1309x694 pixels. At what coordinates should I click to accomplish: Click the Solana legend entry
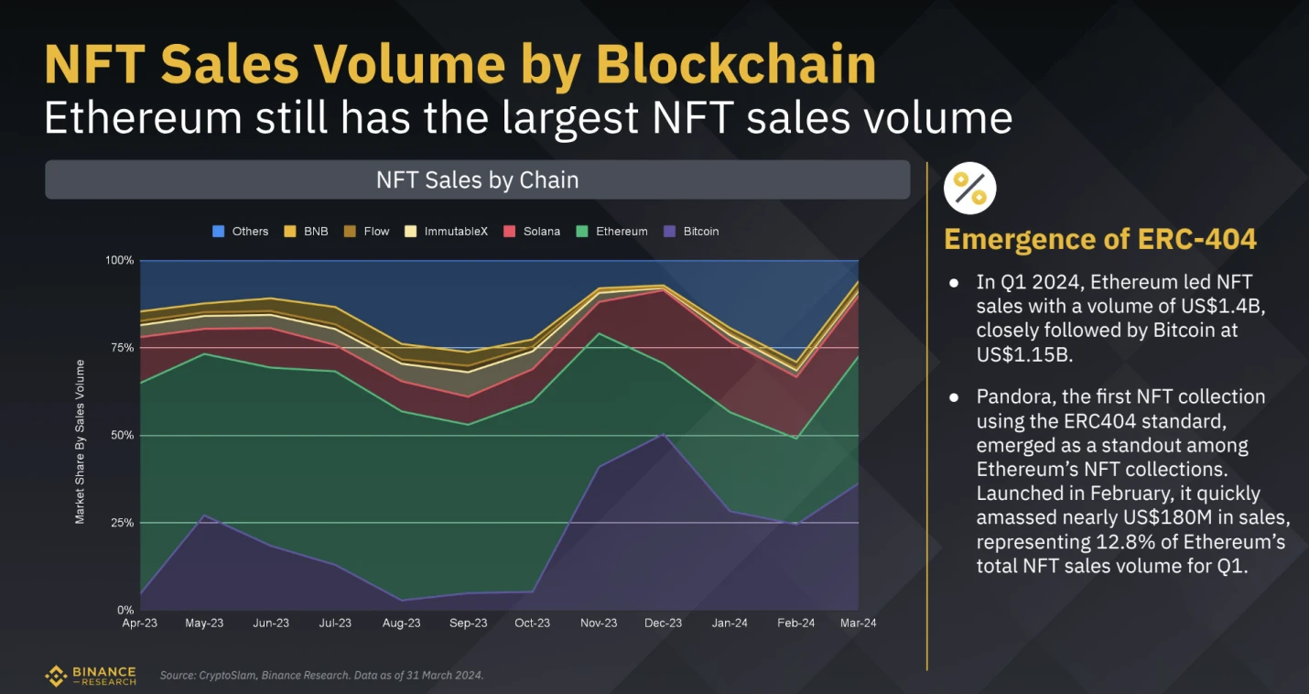[x=533, y=232]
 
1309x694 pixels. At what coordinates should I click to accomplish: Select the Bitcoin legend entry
[x=692, y=232]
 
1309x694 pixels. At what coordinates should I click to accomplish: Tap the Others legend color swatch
[x=218, y=232]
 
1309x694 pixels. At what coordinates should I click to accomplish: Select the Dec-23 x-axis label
[x=664, y=624]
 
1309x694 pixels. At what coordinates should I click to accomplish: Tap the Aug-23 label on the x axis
[x=401, y=624]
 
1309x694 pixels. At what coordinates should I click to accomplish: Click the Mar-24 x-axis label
[x=858, y=624]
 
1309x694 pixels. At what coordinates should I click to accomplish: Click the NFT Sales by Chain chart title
[x=477, y=180]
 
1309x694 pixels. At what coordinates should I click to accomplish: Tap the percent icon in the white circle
[x=969, y=188]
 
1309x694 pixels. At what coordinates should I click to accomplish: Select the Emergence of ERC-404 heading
[x=1100, y=240]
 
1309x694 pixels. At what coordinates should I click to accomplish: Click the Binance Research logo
[x=91, y=677]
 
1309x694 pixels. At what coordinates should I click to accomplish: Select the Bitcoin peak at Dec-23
[x=664, y=434]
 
